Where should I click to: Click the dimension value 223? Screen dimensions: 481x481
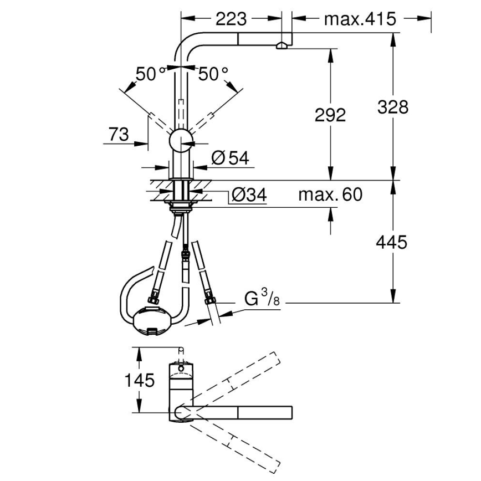pos(231,19)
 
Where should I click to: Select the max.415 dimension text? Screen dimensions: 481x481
pos(360,19)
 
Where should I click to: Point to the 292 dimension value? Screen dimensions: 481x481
pos(330,115)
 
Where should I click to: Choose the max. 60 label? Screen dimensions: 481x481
pos(330,195)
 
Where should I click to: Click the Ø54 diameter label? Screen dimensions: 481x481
pos(229,158)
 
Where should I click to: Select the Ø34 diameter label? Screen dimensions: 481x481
pos(249,195)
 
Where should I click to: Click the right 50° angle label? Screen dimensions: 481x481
pos(213,74)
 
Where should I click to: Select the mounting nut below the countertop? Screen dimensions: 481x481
pos(181,208)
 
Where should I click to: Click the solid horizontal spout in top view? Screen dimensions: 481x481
pos(238,412)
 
